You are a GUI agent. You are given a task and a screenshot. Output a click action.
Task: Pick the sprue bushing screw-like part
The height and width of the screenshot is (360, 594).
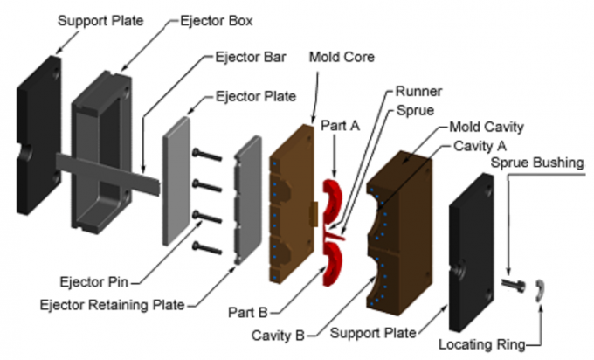[x=514, y=285]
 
